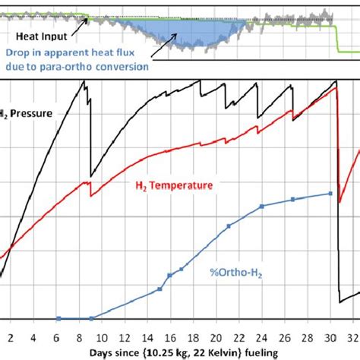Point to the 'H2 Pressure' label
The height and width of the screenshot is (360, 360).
(x=27, y=114)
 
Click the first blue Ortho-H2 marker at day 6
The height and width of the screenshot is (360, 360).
(x=58, y=318)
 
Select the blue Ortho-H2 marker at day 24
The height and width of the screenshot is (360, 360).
(x=261, y=207)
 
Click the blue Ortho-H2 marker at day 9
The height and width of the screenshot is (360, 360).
(x=91, y=318)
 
